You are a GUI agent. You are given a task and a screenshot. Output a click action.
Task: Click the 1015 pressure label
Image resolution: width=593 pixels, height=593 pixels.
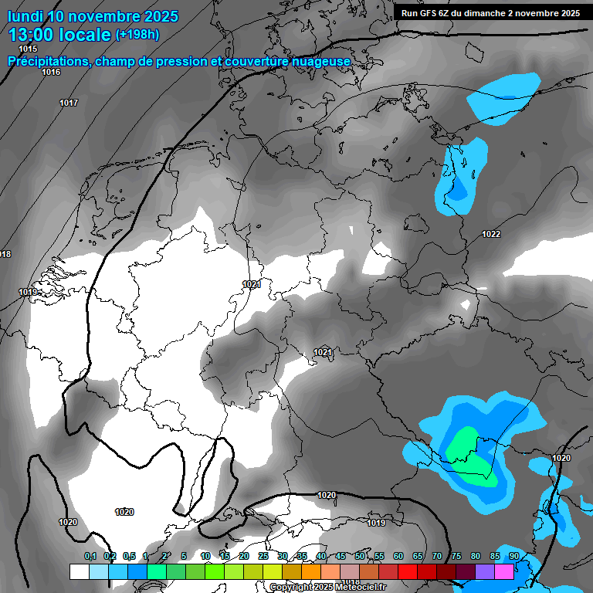click(28, 49)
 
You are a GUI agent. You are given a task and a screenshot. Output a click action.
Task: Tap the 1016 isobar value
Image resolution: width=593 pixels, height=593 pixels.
click(51, 72)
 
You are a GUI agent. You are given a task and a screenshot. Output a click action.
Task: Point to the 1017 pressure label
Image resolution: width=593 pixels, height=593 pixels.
click(69, 103)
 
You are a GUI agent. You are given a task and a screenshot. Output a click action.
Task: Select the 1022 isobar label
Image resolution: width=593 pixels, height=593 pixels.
click(491, 234)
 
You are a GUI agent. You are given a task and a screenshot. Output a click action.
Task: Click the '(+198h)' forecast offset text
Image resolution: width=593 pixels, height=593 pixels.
click(137, 35)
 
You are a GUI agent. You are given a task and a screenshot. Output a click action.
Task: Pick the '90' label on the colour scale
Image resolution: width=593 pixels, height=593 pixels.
click(513, 556)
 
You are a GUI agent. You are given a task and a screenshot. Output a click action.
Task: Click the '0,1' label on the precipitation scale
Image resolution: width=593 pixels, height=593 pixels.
click(90, 556)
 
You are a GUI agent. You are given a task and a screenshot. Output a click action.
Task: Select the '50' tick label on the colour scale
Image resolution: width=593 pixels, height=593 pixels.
click(360, 556)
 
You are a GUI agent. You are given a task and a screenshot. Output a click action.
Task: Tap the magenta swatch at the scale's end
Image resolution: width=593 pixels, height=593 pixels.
click(504, 571)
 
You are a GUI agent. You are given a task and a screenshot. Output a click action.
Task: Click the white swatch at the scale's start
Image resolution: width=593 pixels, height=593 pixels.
click(79, 571)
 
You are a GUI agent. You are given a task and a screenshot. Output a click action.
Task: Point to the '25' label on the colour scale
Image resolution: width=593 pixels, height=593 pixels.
click(263, 556)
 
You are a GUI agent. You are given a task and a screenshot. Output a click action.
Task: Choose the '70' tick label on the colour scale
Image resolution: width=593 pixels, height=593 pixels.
click(436, 556)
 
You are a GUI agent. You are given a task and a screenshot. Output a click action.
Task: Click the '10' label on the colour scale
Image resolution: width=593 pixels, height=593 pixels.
click(205, 556)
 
